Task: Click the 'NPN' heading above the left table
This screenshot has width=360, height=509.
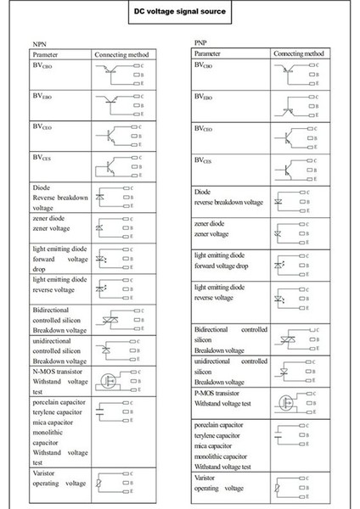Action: (x=39, y=43)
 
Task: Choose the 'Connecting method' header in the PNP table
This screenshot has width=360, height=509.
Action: (x=300, y=53)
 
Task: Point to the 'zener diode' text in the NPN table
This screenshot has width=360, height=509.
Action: (x=51, y=216)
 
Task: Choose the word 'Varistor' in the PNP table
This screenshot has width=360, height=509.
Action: (x=208, y=479)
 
